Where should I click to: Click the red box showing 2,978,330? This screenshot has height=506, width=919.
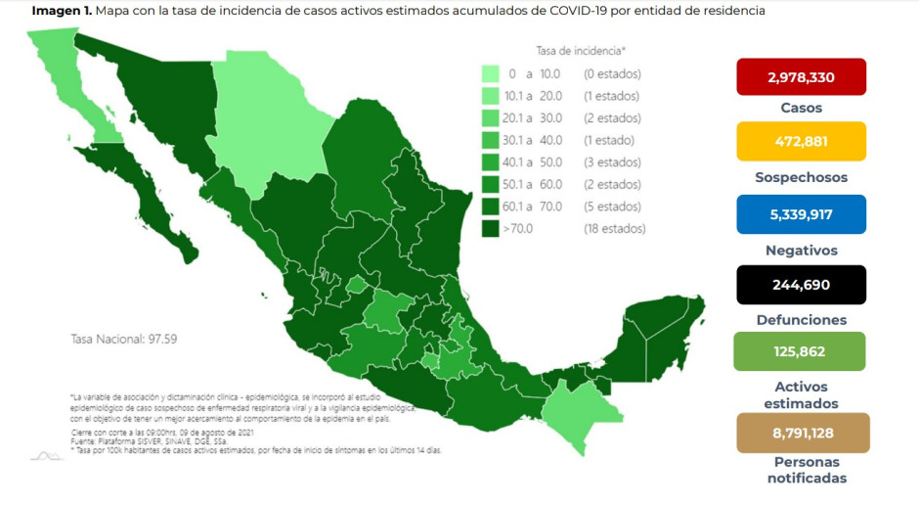[801, 76]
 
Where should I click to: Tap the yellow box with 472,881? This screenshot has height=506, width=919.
[801, 141]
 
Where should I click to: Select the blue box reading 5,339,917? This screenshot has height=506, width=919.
[801, 214]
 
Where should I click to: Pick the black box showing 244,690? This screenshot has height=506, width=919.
[801, 285]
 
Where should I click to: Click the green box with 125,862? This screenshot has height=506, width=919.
[801, 351]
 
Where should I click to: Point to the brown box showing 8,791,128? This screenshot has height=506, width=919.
[801, 433]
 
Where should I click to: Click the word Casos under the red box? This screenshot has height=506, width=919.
[801, 108]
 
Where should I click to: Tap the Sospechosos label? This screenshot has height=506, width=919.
[801, 177]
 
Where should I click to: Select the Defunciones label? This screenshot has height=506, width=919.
[801, 319]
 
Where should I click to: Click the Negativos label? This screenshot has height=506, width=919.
[801, 250]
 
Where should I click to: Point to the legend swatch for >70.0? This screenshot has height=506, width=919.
[491, 229]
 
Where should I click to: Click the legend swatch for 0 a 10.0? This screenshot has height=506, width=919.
[491, 73]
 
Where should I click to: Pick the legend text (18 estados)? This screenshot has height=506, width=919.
[614, 229]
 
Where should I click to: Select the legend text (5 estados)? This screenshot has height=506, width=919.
[612, 207]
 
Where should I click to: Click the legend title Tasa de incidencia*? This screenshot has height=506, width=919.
[581, 49]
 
